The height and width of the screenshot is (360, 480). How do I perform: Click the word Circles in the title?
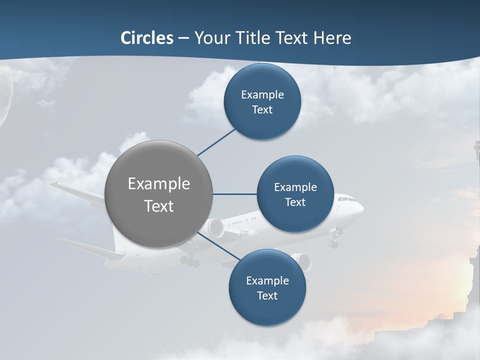coord(147,38)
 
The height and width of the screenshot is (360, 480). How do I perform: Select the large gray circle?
coord(159,194)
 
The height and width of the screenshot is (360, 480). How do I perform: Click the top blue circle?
coord(262,101)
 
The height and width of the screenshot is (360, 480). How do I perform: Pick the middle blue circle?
coord(295,194)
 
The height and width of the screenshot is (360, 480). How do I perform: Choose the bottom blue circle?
coord(267,287)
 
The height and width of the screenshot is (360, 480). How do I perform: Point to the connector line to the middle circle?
coord(234,194)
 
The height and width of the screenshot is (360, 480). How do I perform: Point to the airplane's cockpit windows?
coord(344,199)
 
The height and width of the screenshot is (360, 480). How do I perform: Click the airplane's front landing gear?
coord(333,242)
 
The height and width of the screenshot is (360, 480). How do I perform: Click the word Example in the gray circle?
coord(159,184)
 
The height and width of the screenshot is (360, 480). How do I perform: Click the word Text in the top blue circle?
coord(262,110)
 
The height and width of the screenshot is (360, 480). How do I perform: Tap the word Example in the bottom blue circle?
coord(267,280)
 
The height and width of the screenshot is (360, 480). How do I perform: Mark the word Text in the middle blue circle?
coord(295,202)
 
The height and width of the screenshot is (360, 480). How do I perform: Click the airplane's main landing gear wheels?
coord(190,261)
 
